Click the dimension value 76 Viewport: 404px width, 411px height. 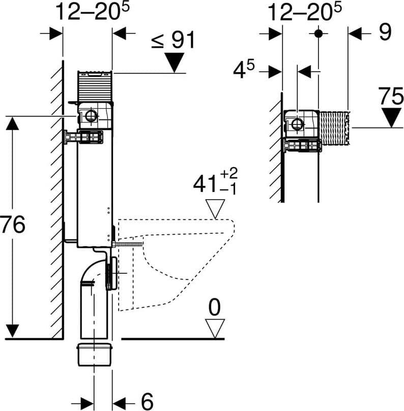pos(13,225)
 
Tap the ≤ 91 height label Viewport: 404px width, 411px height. pos(174,40)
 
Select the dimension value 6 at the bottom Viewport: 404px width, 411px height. pos(147,401)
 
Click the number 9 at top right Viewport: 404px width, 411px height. pos(385,32)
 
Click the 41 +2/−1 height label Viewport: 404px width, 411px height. pos(215,182)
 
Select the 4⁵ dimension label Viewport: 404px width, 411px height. pos(244,70)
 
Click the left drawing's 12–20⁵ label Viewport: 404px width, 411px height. pos(93,11)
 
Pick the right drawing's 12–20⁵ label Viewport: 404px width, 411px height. pos(304,12)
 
